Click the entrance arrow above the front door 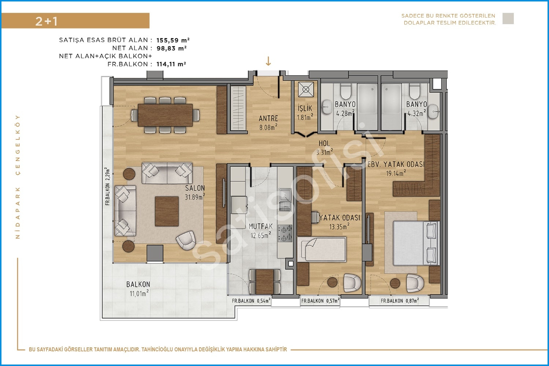pos(268,61)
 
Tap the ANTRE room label pos(268,119)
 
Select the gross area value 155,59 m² pos(173,40)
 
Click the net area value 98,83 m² pos(172,48)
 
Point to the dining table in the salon pos(165,115)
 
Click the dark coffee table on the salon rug pos(167,211)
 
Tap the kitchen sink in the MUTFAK pos(285,195)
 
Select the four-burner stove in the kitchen pos(285,233)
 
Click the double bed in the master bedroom pos(415,243)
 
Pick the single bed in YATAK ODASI pos(322,249)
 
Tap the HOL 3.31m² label pos(324,147)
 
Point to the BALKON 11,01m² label pos(138,289)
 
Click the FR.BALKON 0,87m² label pos(400,301)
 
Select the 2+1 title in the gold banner pos(46,21)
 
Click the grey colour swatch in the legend pos(508,19)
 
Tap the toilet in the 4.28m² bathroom pos(346,91)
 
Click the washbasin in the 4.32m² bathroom pos(433,112)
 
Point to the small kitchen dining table pos(265,281)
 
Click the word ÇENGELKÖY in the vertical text pos(18,145)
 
